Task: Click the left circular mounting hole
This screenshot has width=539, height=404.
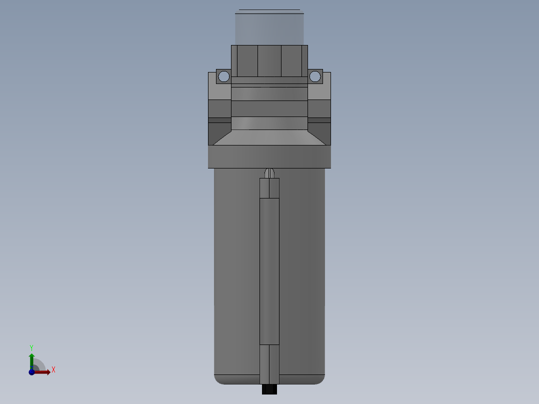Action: (224, 76)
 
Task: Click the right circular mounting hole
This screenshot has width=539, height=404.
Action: (314, 76)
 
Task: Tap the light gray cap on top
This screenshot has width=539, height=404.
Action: (269, 27)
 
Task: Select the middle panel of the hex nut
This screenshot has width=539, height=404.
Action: (269, 61)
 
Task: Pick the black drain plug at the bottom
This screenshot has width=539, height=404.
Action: (269, 389)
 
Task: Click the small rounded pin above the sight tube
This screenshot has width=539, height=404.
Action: (269, 173)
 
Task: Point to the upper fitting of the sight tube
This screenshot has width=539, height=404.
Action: (269, 188)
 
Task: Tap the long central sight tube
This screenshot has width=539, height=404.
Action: (269, 270)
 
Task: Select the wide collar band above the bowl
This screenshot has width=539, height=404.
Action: (269, 156)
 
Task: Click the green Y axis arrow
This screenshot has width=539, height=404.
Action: (31, 358)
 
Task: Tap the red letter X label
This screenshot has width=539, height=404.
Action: (53, 370)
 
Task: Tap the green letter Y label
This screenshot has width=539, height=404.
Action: (31, 347)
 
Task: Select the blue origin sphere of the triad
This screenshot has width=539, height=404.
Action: (31, 372)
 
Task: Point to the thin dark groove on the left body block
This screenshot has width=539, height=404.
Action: (220, 120)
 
